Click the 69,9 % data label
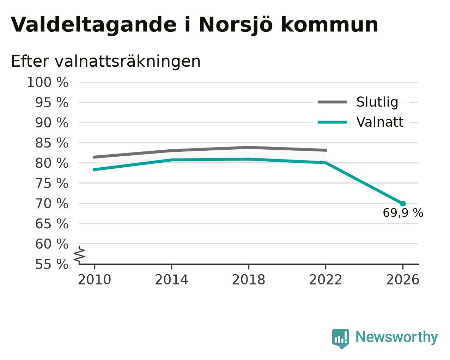[x=403, y=213]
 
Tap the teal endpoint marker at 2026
[x=403, y=203]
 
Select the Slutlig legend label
[x=377, y=102]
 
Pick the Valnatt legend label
[x=380, y=122]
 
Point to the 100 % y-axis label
[x=48, y=82]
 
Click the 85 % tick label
[x=51, y=143]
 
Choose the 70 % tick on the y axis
[x=51, y=203]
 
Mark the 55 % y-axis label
[x=51, y=264]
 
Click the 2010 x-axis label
[x=94, y=280]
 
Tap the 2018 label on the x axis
[x=248, y=280]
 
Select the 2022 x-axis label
[x=326, y=280]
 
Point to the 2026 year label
[x=402, y=280]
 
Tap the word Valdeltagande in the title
[x=94, y=25]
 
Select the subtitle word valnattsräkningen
[x=128, y=62]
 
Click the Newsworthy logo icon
[x=341, y=338]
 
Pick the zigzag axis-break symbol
[x=79, y=254]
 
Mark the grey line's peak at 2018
[x=249, y=148]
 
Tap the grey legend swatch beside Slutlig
[x=332, y=102]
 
